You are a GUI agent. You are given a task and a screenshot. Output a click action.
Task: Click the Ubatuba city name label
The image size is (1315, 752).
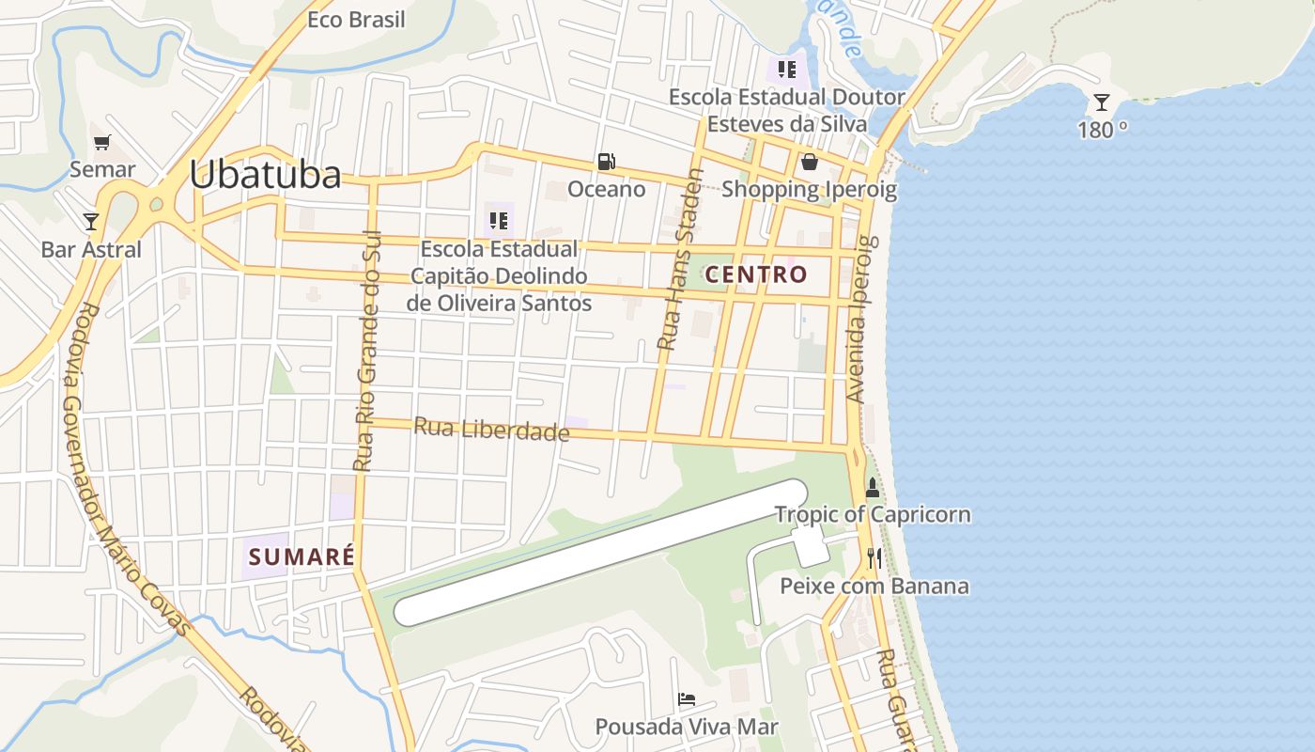265,176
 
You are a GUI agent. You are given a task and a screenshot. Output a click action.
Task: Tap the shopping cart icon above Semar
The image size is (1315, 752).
102,143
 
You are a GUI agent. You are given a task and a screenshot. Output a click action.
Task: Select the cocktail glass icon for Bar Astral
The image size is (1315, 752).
91,222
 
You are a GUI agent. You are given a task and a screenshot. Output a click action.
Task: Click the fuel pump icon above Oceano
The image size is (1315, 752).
607,162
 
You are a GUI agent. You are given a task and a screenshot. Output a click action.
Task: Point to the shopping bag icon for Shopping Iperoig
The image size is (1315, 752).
809,162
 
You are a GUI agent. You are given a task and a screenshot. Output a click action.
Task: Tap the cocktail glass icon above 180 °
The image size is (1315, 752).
1102,102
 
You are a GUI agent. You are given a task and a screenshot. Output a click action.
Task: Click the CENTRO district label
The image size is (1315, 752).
756,274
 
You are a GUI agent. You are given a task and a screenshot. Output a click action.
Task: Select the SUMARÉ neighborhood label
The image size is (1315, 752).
302,556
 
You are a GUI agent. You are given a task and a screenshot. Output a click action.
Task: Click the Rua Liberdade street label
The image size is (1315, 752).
491,430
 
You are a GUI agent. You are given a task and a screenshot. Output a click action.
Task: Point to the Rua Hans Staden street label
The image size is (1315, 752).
680,259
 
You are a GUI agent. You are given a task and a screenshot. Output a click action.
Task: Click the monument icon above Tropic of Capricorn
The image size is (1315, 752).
873,487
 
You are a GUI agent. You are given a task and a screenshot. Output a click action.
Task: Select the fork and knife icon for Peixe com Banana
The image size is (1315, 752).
874,558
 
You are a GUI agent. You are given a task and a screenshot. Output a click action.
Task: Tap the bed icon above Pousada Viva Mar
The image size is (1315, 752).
687,699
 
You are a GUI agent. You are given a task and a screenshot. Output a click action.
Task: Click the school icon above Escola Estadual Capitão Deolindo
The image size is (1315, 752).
499,221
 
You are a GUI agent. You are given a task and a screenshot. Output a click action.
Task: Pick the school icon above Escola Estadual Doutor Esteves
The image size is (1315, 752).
787,69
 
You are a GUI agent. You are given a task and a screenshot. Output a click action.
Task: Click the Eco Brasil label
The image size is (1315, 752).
357,20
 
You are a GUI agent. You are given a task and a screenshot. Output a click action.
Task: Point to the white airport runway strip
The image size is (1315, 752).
601,553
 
